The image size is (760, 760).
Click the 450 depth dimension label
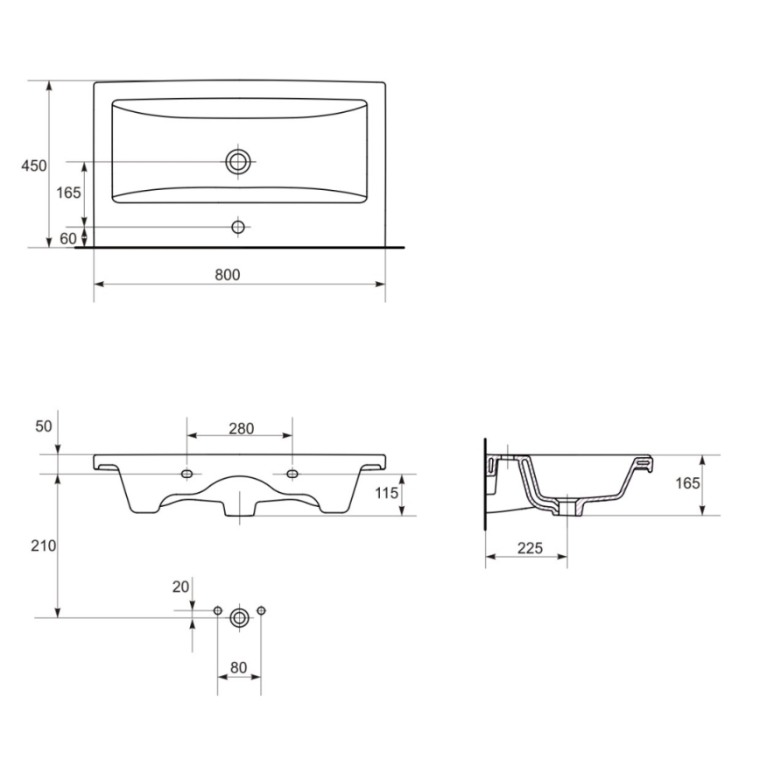pos(34,165)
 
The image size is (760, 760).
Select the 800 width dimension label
pos(227,274)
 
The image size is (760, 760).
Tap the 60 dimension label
pos(68,237)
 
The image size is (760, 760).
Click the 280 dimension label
pos(241,428)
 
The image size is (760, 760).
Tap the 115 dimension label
pos(386,493)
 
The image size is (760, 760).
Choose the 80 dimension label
pos(238,667)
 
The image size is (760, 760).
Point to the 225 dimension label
pos(528,548)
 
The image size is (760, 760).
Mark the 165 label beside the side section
pos(687,483)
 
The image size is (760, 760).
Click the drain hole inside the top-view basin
pos(238,161)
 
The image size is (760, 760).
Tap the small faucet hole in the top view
pos(238,227)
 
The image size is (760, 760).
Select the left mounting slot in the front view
pos(186,475)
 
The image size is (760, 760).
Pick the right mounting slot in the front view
pos(292,475)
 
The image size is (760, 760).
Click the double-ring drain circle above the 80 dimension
pos(238,617)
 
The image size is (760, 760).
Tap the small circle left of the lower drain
pos(217,610)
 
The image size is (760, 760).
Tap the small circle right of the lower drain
pos(260,610)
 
